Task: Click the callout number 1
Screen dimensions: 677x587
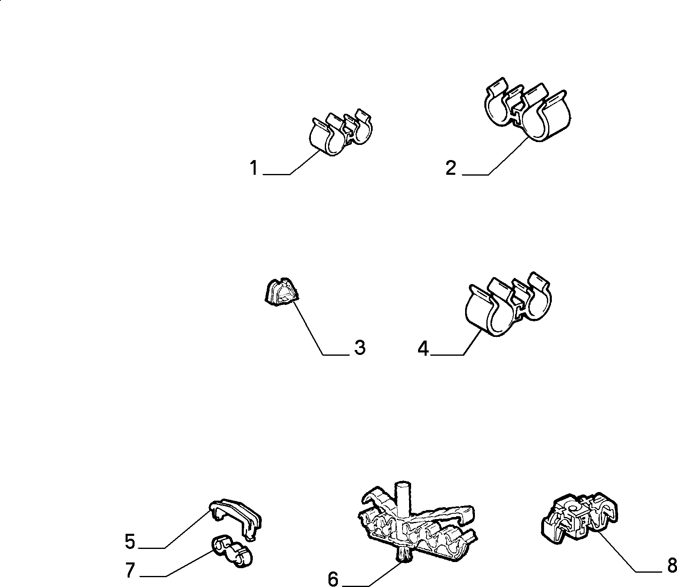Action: [x=254, y=168]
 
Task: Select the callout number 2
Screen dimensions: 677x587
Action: [x=451, y=168]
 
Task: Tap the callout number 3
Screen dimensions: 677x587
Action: [x=359, y=348]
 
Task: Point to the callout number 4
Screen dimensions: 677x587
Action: [x=423, y=349]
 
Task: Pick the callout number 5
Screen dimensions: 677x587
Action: [x=130, y=542]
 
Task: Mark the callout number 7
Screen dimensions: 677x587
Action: [x=130, y=570]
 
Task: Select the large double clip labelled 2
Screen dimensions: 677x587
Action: [x=528, y=111]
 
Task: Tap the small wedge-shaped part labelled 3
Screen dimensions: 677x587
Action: [x=281, y=291]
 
